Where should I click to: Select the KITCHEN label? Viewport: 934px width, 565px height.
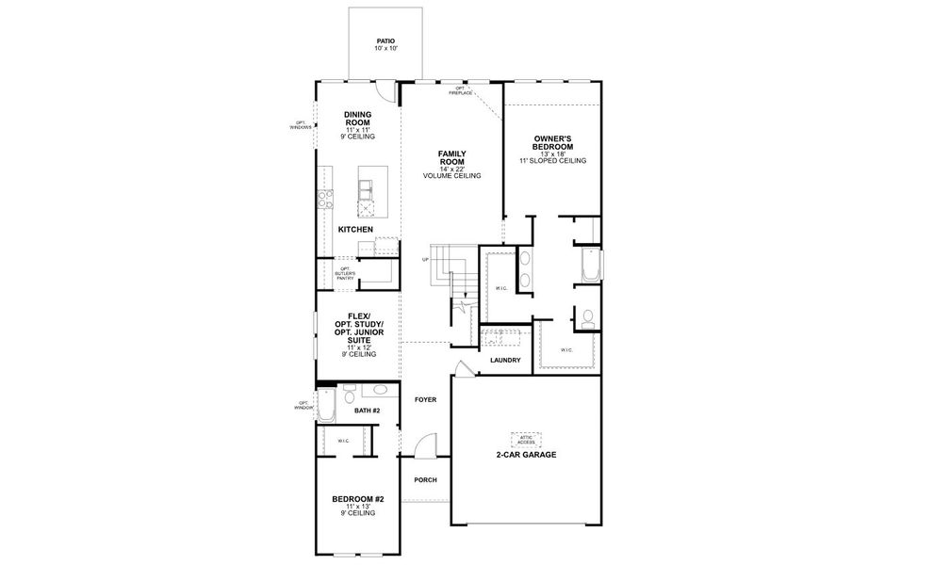point(355,230)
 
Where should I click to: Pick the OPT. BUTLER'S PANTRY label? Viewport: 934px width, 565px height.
point(347,273)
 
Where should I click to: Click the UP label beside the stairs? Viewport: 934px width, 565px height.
point(426,260)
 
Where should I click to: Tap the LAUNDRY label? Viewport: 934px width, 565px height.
point(505,361)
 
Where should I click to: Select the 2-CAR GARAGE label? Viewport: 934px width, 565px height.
point(526,455)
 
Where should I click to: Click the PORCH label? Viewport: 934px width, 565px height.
point(425,479)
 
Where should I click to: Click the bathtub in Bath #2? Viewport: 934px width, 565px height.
point(326,406)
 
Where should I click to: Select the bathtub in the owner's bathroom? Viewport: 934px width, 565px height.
point(591,266)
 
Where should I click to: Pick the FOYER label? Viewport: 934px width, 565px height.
point(425,399)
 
